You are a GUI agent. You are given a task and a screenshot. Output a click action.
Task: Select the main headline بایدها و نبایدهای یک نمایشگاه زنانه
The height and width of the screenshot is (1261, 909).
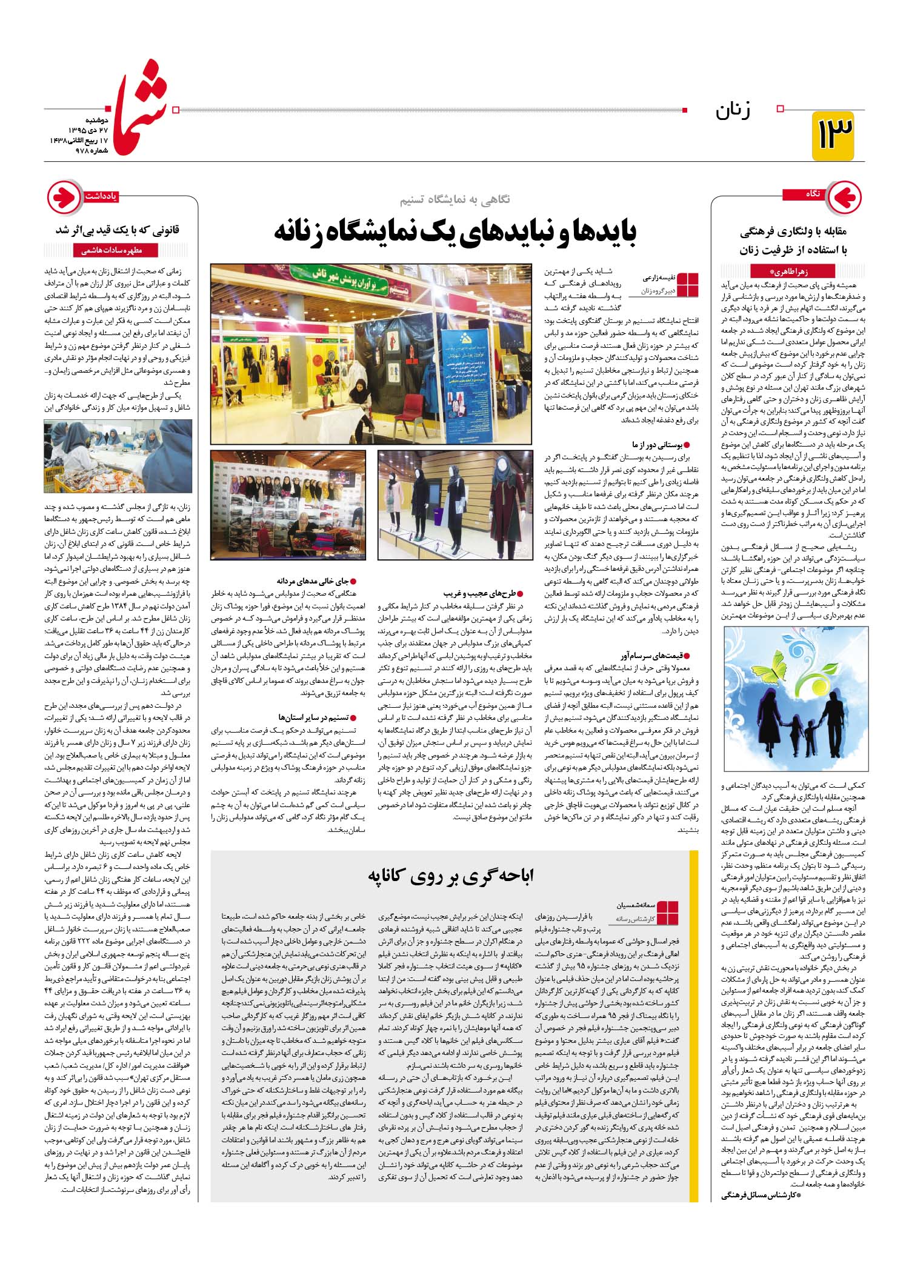pyautogui.click(x=455, y=231)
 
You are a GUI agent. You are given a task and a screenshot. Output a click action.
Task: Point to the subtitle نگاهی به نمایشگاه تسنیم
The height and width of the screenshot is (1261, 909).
pyautogui.click(x=454, y=199)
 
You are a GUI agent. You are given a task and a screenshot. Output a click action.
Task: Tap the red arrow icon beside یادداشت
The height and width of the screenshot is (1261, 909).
pyautogui.click(x=64, y=197)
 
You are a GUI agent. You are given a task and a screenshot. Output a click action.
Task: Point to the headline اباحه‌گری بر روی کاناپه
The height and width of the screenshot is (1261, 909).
pyautogui.click(x=451, y=875)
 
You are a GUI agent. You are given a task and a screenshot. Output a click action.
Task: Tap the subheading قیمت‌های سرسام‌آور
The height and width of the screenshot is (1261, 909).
pyautogui.click(x=656, y=656)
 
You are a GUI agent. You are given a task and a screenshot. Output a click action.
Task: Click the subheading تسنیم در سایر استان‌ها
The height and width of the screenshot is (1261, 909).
pyautogui.click(x=318, y=717)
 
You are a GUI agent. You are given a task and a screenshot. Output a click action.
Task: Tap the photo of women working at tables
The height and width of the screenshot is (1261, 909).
pyautogui.click(x=118, y=456)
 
